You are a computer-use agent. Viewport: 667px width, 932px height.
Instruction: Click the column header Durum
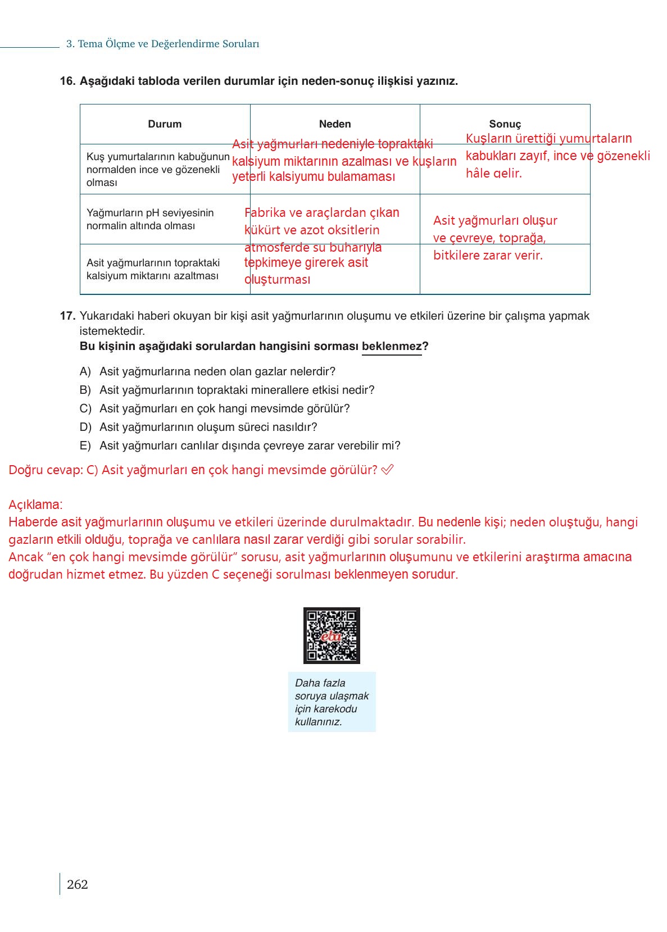(165, 124)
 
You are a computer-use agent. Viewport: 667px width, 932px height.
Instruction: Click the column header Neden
(335, 124)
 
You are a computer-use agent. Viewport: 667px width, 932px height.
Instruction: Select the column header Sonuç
(505, 124)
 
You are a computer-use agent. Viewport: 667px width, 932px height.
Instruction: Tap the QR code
(332, 635)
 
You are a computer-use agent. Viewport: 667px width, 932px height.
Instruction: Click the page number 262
(78, 884)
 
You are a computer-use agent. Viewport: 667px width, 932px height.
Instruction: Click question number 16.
(67, 81)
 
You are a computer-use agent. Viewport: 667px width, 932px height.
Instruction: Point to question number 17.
(67, 316)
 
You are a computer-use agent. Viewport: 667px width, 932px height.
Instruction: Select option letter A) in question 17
(85, 371)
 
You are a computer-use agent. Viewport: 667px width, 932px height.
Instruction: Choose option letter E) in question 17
(85, 445)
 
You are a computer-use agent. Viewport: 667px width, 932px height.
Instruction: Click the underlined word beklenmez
(391, 346)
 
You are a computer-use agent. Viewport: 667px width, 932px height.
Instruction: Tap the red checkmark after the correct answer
(387, 470)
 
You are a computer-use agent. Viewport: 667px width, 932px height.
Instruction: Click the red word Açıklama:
(35, 504)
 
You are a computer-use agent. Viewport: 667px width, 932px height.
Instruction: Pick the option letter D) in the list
(85, 427)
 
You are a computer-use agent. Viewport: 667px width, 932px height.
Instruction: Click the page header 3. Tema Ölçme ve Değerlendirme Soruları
(162, 44)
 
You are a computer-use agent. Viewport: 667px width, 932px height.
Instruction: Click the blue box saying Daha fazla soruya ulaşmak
(332, 702)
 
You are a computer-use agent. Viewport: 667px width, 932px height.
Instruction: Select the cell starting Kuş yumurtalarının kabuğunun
(157, 169)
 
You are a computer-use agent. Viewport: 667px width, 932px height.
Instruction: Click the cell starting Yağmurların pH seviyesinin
(150, 219)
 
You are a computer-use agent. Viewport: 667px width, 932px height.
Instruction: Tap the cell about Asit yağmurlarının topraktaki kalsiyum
(153, 269)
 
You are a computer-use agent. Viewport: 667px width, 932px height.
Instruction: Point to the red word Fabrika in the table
(265, 213)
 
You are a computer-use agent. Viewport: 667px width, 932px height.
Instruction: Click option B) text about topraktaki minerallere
(237, 390)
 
